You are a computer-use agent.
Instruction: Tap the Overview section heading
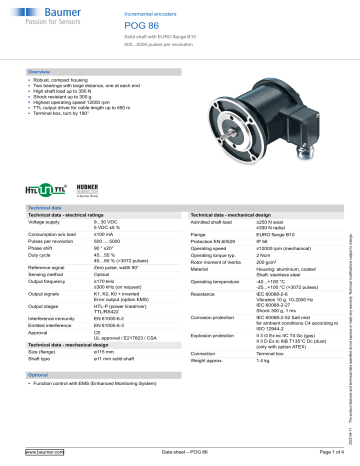click(x=40, y=73)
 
